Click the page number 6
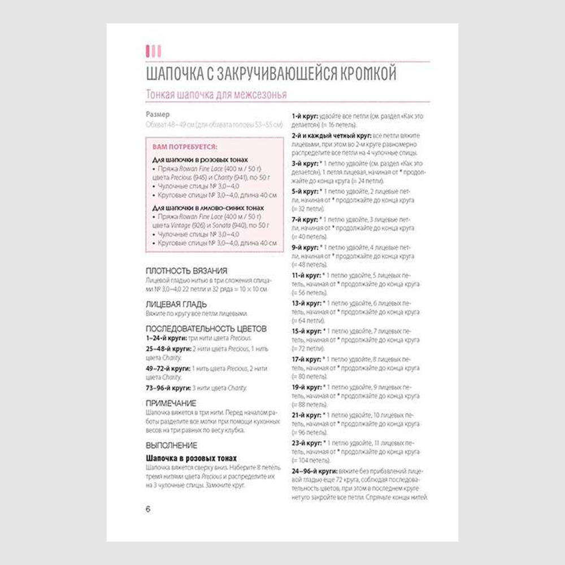click(148, 509)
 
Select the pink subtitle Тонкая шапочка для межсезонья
click(216, 94)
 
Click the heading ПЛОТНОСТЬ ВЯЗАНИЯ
click(186, 271)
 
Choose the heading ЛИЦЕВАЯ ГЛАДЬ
click(176, 304)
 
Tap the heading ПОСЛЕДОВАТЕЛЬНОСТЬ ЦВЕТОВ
click(206, 328)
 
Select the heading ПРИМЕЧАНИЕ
click(171, 403)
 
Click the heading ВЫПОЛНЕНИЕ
click(172, 445)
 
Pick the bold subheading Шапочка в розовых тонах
click(191, 458)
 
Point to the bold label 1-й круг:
click(305, 116)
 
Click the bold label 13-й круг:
click(307, 303)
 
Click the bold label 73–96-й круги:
click(168, 388)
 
